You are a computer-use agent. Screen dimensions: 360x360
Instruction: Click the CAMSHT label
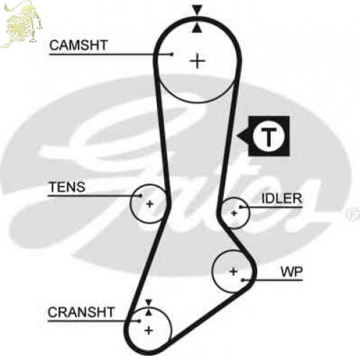tap(78, 45)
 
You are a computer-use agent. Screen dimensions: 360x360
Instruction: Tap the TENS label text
tap(67, 186)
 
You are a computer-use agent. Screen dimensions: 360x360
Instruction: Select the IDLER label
tap(282, 199)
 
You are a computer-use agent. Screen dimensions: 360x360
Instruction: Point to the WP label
tap(292, 272)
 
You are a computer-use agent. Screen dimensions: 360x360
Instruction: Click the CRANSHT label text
tap(81, 312)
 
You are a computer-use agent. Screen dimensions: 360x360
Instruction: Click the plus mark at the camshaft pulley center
tap(197, 61)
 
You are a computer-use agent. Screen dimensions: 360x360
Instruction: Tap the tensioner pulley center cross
tap(150, 204)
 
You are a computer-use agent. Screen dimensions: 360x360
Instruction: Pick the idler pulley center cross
tap(234, 213)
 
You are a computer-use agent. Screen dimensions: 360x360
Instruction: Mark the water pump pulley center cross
tap(233, 271)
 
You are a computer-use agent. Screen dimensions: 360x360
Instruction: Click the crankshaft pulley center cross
tap(149, 330)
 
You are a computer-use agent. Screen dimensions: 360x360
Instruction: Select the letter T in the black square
tap(269, 136)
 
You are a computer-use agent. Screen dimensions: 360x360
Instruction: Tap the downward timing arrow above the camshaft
tap(197, 10)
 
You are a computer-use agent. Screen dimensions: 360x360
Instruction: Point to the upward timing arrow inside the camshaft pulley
tap(197, 27)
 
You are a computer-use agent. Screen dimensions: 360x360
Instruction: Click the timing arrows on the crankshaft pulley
tap(149, 307)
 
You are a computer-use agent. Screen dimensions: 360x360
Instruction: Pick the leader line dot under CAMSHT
tap(171, 54)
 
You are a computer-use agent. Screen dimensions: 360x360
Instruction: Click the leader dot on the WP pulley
tap(243, 280)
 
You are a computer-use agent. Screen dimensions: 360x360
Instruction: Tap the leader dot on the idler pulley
tap(240, 207)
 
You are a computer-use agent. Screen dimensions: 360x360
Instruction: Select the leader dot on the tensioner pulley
tap(140, 196)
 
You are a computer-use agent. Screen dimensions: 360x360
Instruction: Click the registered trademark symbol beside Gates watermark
tap(353, 215)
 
